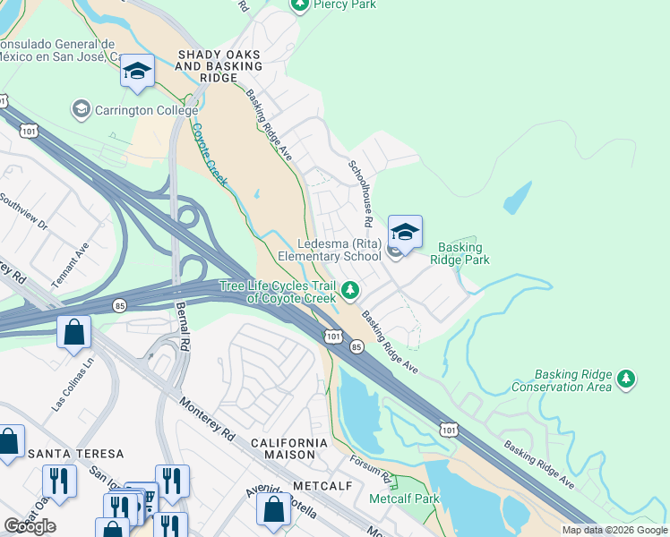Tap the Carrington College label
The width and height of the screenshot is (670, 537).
(x=133, y=110)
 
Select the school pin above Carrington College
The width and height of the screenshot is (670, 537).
(x=137, y=72)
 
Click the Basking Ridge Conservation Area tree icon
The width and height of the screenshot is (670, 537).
(x=626, y=380)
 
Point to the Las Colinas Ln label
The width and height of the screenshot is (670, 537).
(x=73, y=386)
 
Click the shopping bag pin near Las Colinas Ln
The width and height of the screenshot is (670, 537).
(x=74, y=333)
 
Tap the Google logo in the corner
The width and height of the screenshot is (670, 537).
(x=30, y=526)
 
